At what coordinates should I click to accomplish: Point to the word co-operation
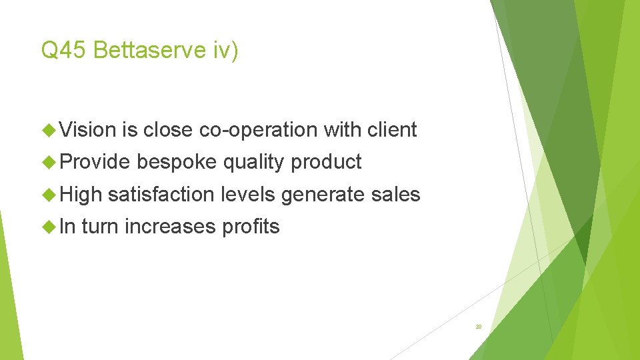(x=258, y=129)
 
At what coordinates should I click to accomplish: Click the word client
(x=392, y=129)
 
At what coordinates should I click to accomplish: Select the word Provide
(x=96, y=162)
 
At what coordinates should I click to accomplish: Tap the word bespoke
(x=177, y=162)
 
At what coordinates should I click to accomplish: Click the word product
(x=327, y=162)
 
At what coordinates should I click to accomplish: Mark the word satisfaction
(x=161, y=194)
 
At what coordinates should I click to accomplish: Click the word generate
(x=323, y=195)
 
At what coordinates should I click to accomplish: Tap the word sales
(x=395, y=194)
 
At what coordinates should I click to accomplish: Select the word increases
(x=170, y=227)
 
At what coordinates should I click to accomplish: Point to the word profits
(x=251, y=227)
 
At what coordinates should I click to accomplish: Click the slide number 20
(x=479, y=327)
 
